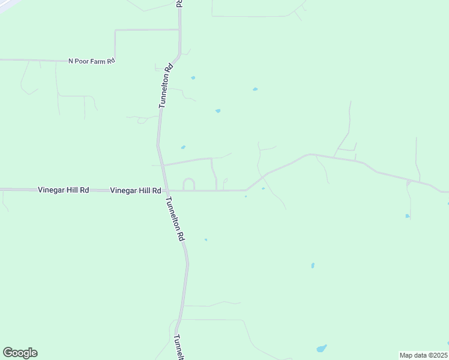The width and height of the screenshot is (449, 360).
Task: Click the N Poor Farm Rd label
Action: coord(91,61)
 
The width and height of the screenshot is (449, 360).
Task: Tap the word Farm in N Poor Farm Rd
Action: coord(97,61)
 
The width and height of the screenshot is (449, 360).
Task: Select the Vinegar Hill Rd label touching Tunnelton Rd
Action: coord(136,190)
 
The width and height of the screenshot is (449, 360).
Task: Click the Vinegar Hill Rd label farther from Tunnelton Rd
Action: coord(64,190)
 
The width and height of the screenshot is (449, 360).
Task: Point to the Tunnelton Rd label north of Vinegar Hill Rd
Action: coord(166,86)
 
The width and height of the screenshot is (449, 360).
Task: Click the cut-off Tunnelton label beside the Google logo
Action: coord(178,347)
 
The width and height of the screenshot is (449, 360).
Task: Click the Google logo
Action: coord(20,353)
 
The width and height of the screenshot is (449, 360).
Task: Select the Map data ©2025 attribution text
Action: coord(423,355)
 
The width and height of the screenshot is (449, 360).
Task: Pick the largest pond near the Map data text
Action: coord(322,348)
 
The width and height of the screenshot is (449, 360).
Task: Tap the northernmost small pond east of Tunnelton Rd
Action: coord(193,77)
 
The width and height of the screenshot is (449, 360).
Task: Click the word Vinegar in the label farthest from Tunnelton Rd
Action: coord(50,190)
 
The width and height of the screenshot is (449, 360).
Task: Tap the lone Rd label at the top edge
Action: coord(179,3)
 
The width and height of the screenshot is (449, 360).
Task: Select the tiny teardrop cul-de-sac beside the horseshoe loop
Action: coord(225,180)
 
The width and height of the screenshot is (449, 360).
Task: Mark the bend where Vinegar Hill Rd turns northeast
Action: coord(247,190)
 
